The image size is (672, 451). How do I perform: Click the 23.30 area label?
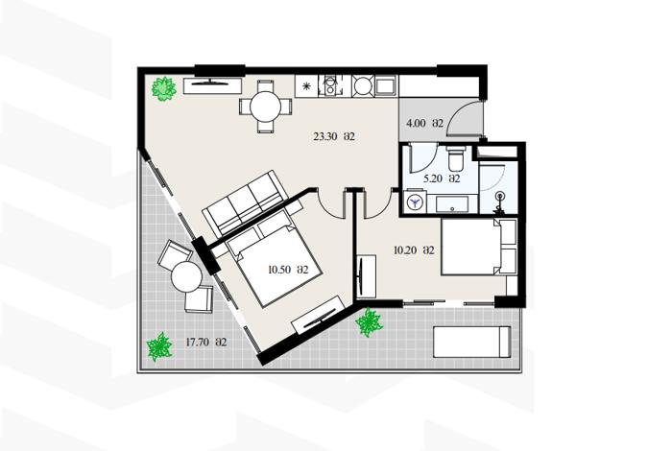334,137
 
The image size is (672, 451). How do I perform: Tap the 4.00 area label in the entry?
424,124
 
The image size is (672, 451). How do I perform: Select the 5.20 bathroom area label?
442,178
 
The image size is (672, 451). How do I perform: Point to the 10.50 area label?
288,270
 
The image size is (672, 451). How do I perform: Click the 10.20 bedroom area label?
414,250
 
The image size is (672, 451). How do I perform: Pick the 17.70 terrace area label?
206,343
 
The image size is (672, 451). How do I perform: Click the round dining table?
266,107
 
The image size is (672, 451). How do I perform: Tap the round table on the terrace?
186,276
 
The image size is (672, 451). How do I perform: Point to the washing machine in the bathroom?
415,202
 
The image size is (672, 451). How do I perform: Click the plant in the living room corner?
164,88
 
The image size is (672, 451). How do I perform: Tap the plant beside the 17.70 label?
159,346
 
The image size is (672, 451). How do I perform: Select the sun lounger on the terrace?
472,342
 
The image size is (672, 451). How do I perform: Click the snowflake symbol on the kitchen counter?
306,86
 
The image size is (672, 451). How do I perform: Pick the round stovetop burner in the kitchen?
363,86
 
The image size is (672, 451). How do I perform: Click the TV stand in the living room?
212,86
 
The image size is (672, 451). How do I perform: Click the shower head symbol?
499,197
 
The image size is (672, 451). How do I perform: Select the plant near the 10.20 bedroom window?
369,322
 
